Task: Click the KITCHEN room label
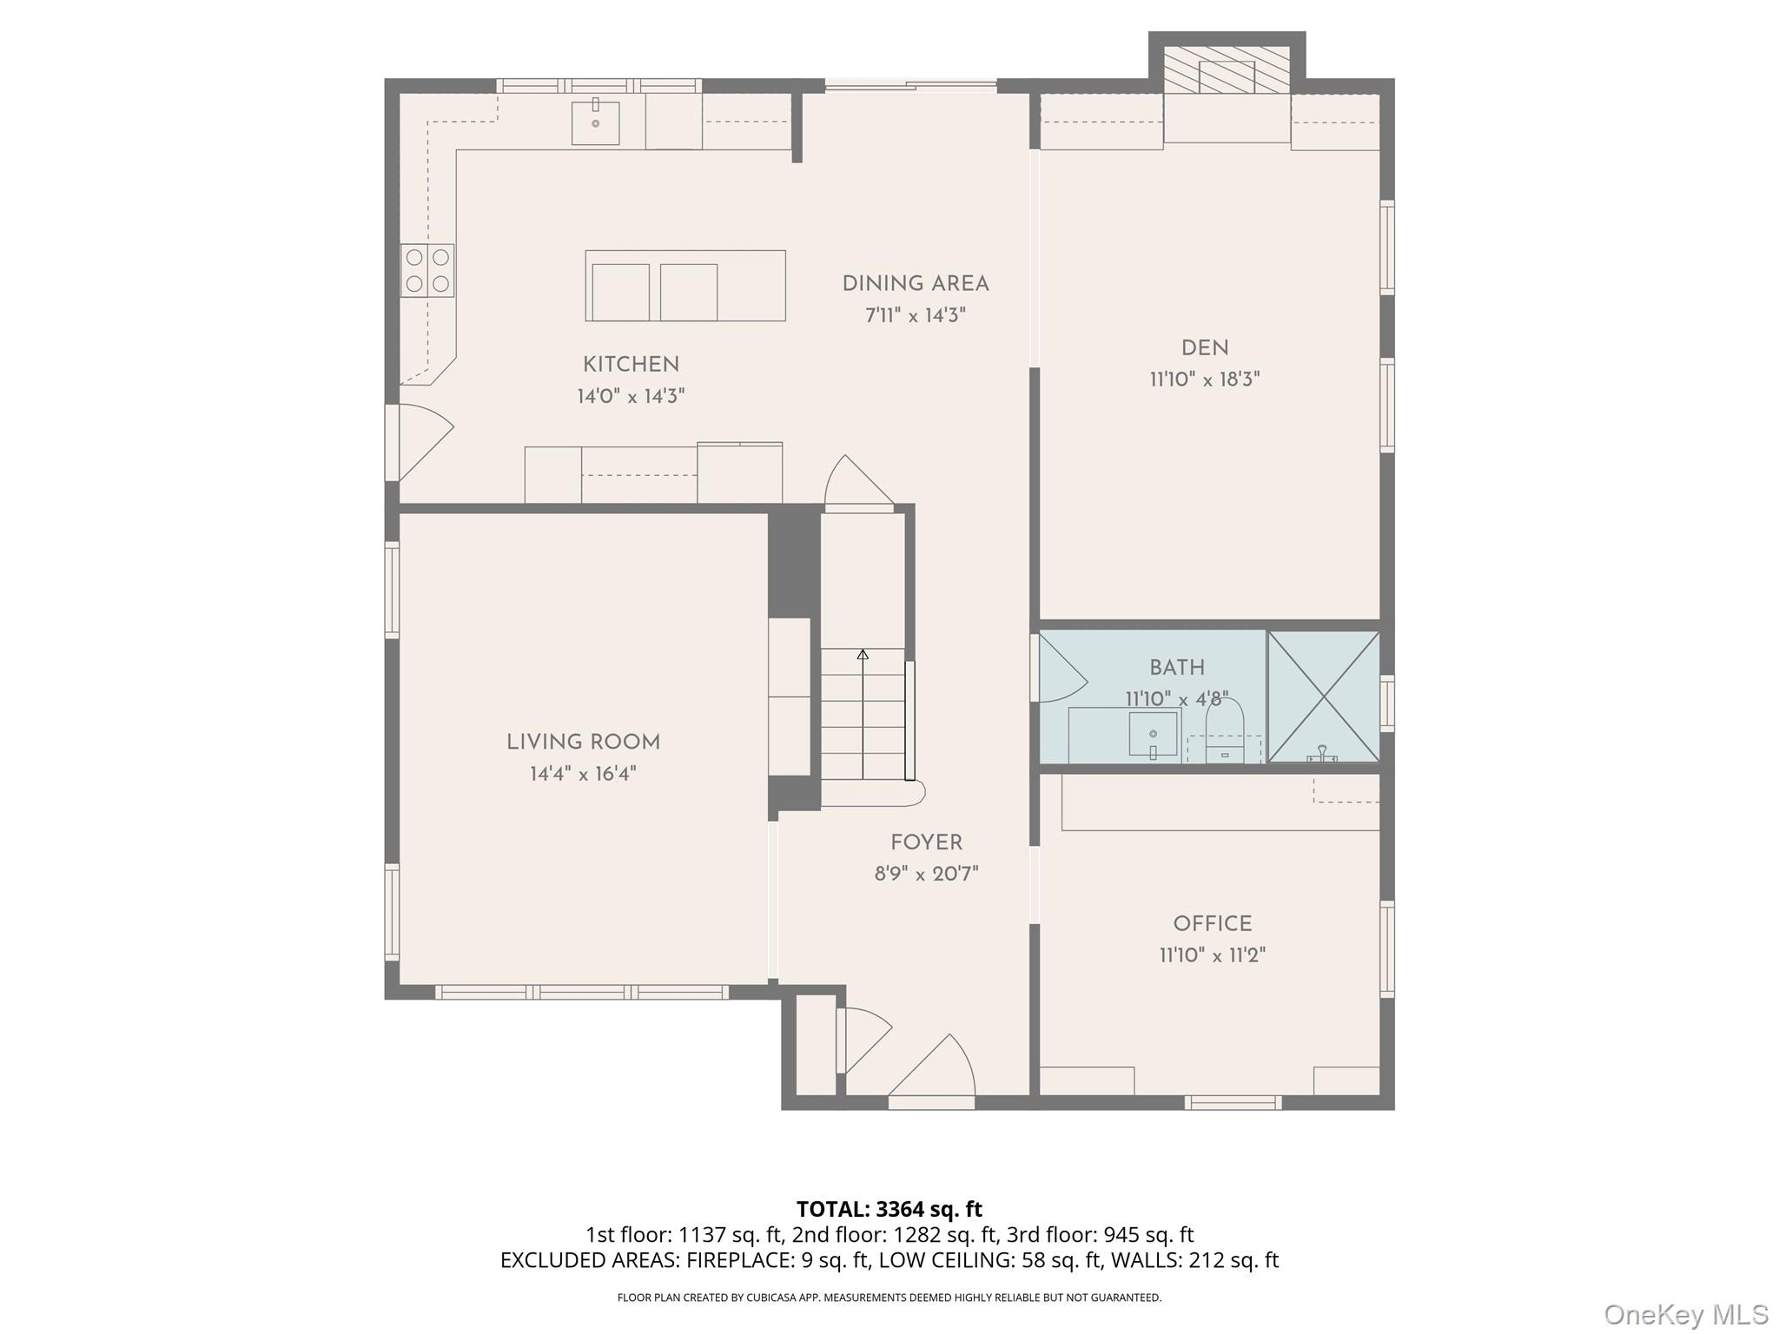tap(631, 365)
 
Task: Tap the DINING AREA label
tap(916, 284)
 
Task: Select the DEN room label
tap(1205, 348)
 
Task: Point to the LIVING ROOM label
tap(584, 743)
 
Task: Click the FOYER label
tap(926, 842)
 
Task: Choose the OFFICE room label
tap(1213, 924)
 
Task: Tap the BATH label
tap(1177, 668)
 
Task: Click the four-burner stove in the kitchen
tap(427, 270)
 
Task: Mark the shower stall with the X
tap(1324, 697)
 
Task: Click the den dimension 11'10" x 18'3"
tap(1205, 380)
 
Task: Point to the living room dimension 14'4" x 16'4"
tap(584, 774)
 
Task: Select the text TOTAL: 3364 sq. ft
tap(889, 1209)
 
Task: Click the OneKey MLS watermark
tap(1686, 1315)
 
